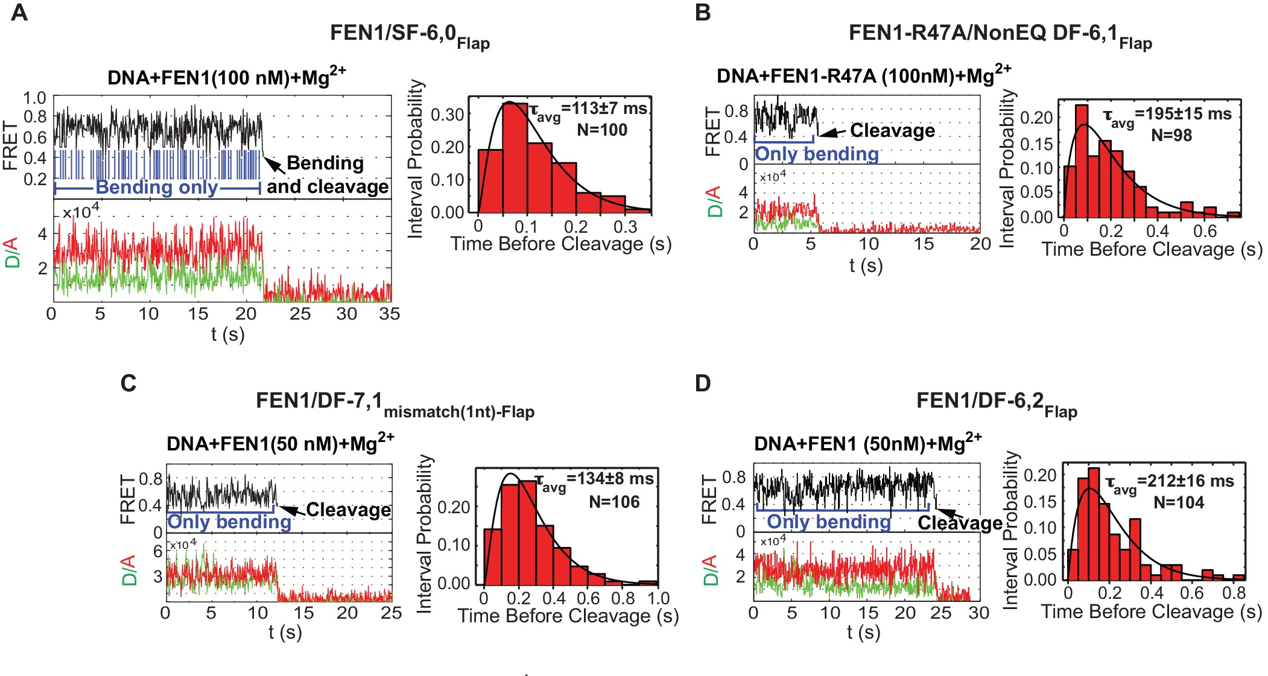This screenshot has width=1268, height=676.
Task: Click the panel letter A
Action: (19, 12)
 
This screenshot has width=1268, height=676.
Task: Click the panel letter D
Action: (703, 383)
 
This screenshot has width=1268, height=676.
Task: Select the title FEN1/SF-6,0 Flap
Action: (409, 35)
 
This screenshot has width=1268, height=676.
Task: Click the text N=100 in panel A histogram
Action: (602, 130)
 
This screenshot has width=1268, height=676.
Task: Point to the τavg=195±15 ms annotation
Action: (1167, 116)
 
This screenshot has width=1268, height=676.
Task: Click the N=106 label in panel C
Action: (614, 502)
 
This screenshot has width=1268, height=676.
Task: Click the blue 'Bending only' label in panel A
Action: (157, 187)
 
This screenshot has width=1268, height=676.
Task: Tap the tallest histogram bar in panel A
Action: (515, 157)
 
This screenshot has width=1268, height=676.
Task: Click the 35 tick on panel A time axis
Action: (390, 314)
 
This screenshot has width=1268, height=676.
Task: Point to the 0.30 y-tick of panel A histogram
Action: (447, 115)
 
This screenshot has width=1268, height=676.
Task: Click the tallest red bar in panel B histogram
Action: (1082, 160)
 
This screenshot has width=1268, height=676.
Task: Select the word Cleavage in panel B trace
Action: (892, 130)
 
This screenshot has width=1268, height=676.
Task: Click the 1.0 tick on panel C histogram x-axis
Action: (658, 598)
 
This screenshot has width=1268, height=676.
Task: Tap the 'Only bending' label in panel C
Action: (229, 522)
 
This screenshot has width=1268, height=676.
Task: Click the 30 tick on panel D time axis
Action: (978, 613)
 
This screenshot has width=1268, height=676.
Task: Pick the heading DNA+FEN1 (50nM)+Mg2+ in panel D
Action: (867, 443)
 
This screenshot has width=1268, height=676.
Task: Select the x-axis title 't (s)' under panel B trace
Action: (865, 265)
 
